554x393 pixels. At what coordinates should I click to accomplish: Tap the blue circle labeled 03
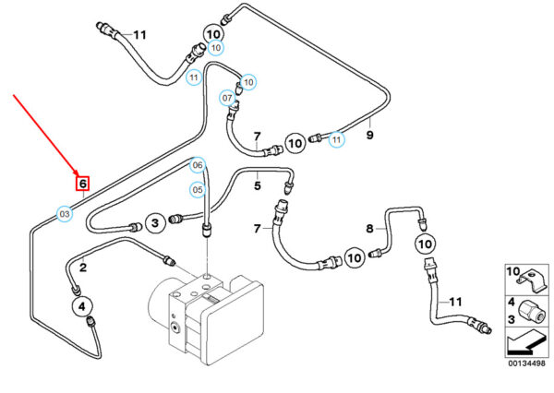[65, 214]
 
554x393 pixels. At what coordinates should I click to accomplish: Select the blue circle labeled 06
[197, 165]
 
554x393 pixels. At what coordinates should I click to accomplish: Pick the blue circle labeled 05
[197, 190]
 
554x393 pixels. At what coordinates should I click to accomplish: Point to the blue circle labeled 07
[227, 98]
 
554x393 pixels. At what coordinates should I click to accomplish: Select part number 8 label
[368, 227]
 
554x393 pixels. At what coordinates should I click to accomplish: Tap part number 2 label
[83, 268]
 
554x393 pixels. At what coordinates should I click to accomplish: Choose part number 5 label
[259, 185]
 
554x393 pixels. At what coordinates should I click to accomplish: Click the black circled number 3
[156, 222]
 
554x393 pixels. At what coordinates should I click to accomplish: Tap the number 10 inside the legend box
[512, 270]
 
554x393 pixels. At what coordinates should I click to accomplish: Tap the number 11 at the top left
[139, 35]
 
